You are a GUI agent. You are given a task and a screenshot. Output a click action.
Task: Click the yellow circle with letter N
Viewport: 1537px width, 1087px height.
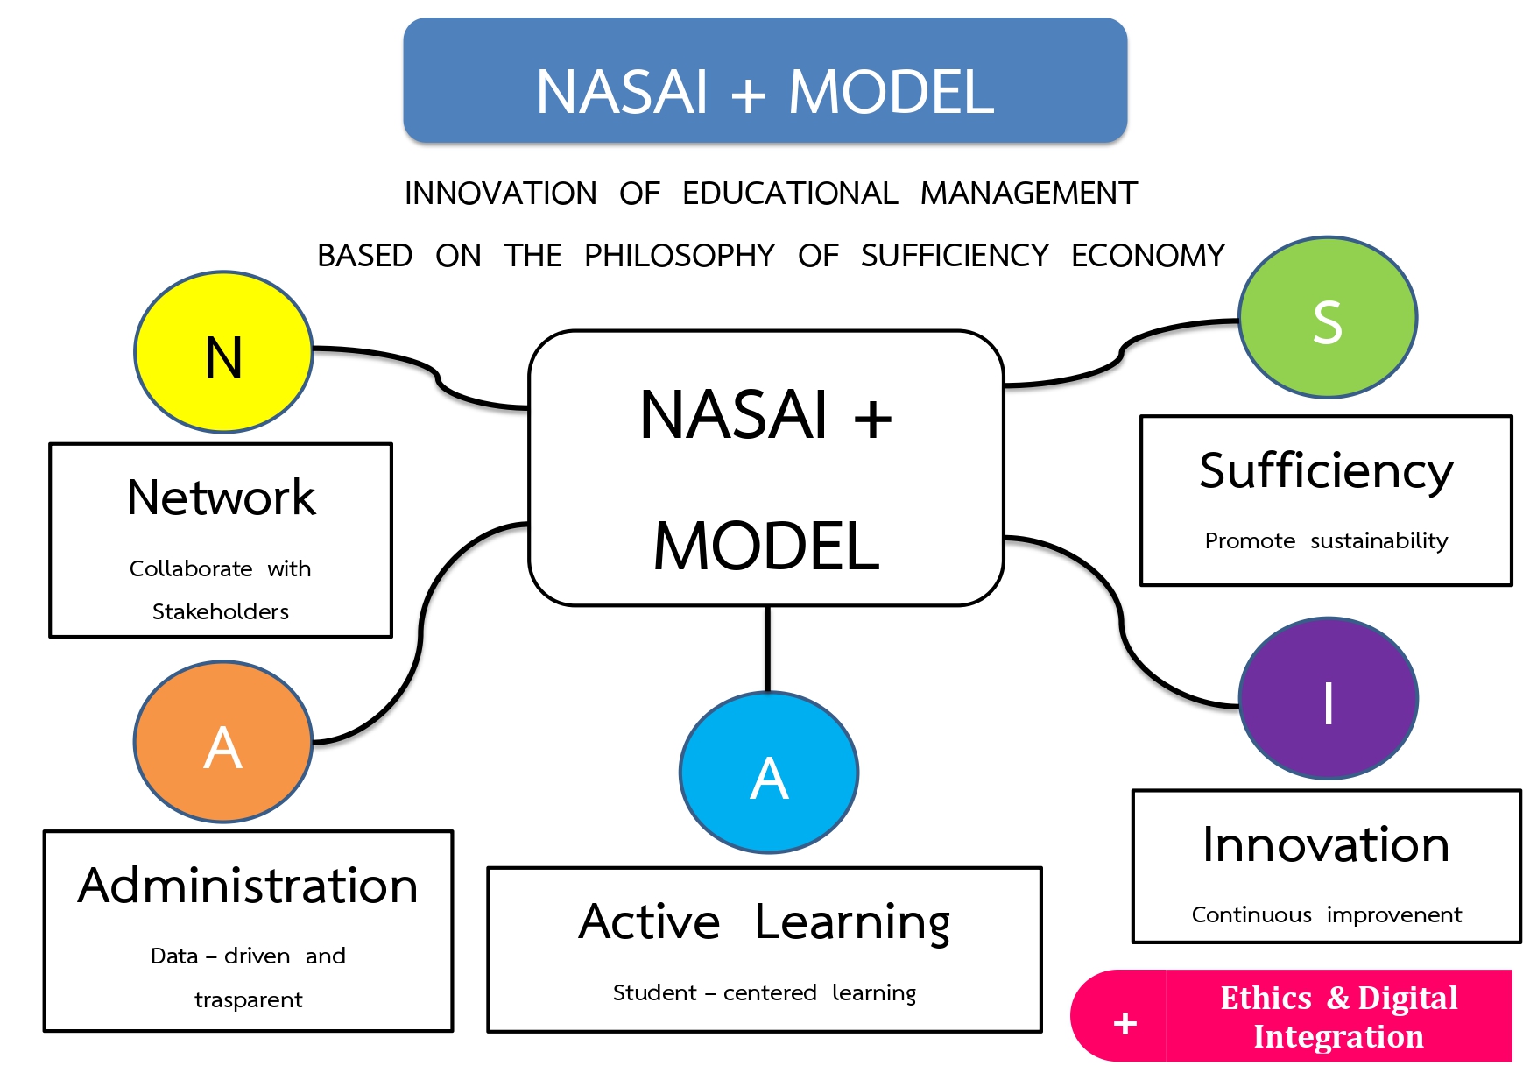point(223,352)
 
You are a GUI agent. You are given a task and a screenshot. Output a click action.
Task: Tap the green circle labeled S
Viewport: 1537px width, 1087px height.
point(1328,317)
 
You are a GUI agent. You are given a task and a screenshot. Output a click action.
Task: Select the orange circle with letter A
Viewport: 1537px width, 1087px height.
point(223,742)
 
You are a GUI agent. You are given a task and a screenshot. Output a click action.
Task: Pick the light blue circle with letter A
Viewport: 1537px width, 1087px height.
point(769,773)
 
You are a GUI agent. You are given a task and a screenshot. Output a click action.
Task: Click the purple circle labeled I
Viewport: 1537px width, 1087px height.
point(1329,698)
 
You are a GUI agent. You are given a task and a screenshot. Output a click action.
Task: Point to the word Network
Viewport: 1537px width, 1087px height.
point(221,498)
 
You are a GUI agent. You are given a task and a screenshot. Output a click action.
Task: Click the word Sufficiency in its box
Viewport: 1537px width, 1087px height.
point(1326,472)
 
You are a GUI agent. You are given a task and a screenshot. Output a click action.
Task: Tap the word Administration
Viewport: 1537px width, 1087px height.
point(248,886)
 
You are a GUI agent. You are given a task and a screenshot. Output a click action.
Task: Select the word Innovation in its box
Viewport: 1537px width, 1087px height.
point(1326,845)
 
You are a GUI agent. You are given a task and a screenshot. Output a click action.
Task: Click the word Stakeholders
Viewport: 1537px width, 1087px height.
point(221,611)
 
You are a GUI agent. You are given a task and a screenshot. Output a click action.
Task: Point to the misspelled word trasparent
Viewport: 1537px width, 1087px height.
point(249,1000)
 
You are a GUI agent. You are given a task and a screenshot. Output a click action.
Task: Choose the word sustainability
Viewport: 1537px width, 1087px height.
point(1379,541)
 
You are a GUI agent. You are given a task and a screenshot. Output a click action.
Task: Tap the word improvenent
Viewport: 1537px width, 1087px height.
point(1394,915)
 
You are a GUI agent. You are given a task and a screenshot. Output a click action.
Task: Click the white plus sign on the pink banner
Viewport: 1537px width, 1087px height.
point(1125,1023)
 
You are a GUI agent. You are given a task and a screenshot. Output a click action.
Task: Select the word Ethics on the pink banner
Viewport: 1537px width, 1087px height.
point(1266,998)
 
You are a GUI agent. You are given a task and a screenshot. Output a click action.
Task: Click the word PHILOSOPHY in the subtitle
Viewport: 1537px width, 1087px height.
point(680,256)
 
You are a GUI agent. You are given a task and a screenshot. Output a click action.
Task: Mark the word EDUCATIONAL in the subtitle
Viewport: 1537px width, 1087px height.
point(790,194)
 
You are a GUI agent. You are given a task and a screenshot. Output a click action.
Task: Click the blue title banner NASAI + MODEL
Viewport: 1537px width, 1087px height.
point(765,81)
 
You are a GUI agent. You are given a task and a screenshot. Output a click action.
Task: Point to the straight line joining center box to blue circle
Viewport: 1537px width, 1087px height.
point(768,649)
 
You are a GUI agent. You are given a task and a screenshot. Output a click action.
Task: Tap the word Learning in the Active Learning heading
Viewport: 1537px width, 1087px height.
point(852,923)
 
